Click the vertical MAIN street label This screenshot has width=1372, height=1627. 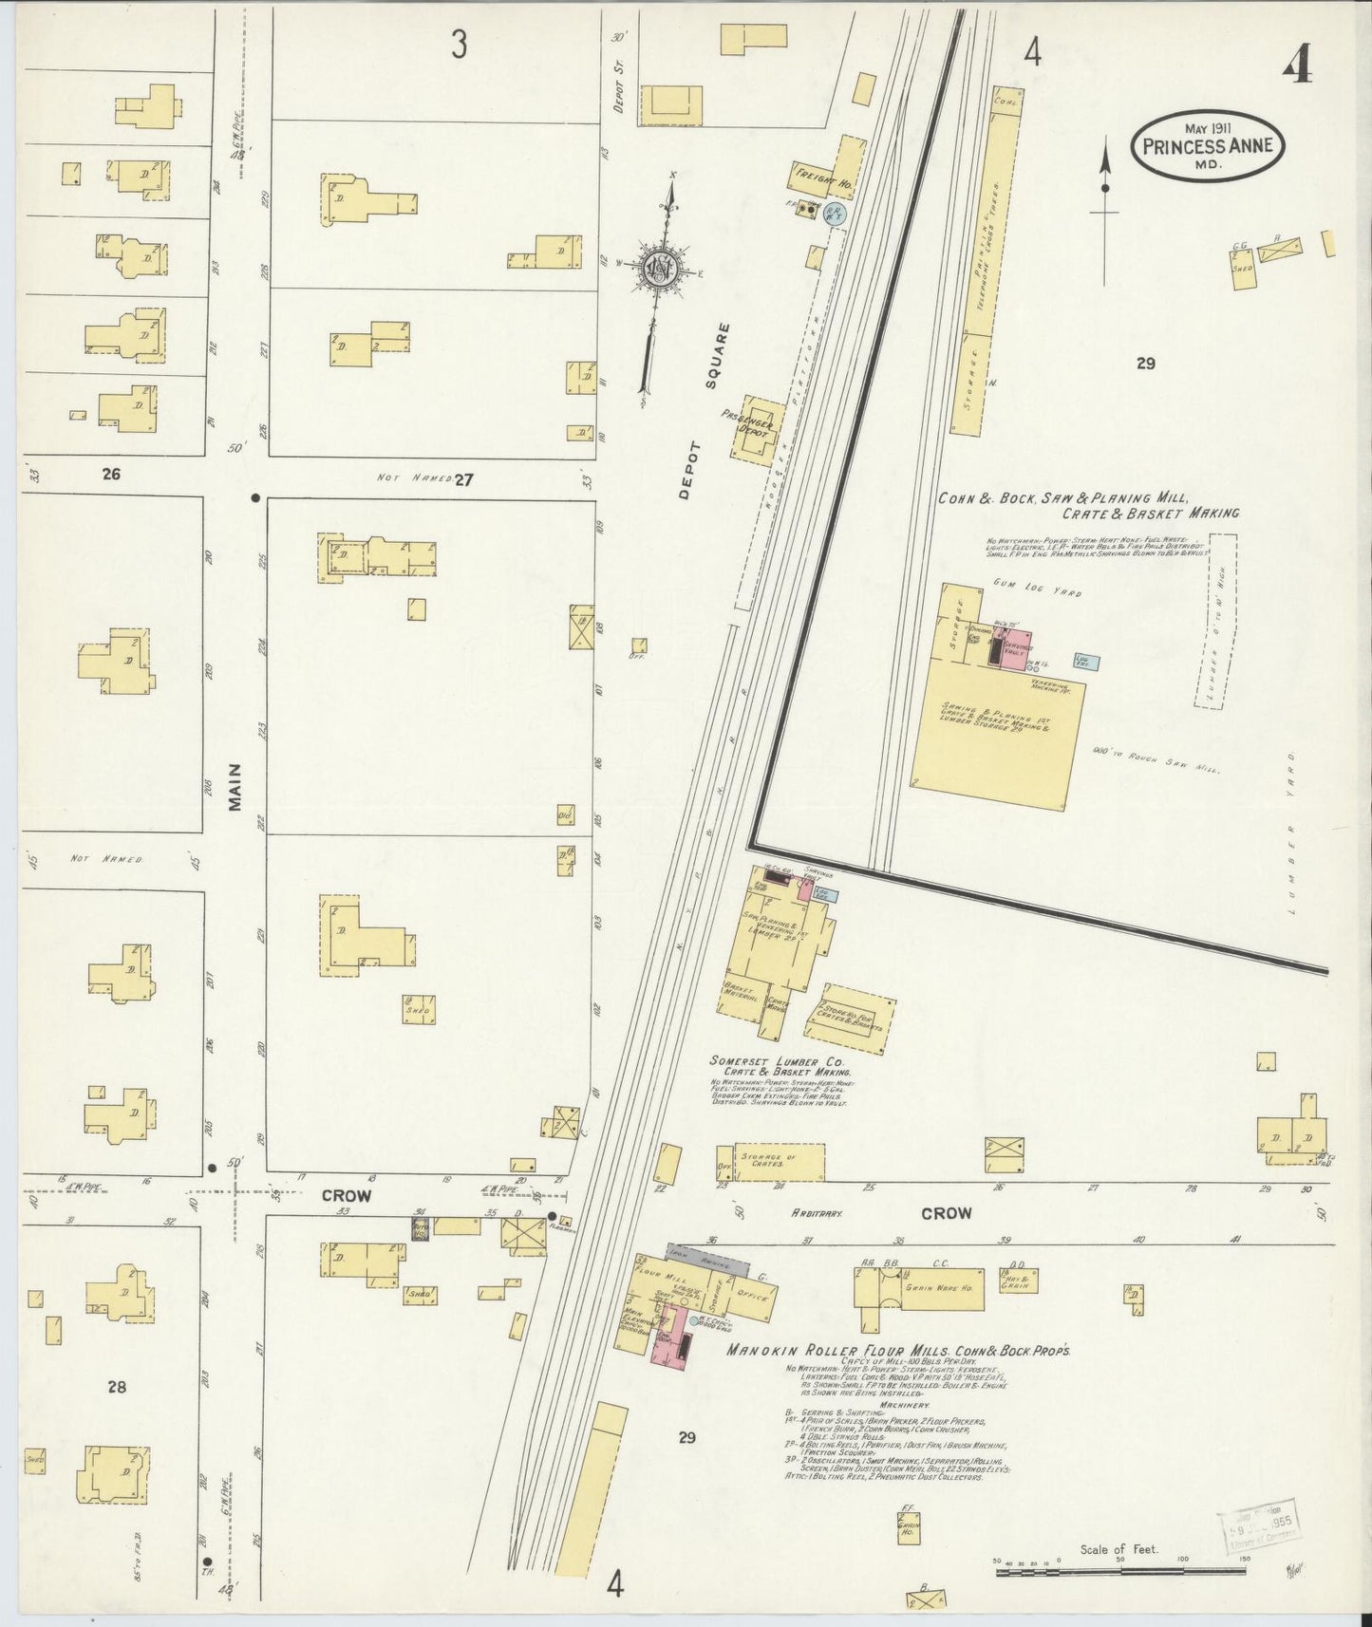(235, 787)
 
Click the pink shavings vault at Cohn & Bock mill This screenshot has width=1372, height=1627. (1017, 646)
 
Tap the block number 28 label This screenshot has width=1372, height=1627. (116, 1387)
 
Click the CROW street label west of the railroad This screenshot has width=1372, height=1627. (346, 1196)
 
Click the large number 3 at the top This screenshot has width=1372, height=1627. (460, 46)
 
